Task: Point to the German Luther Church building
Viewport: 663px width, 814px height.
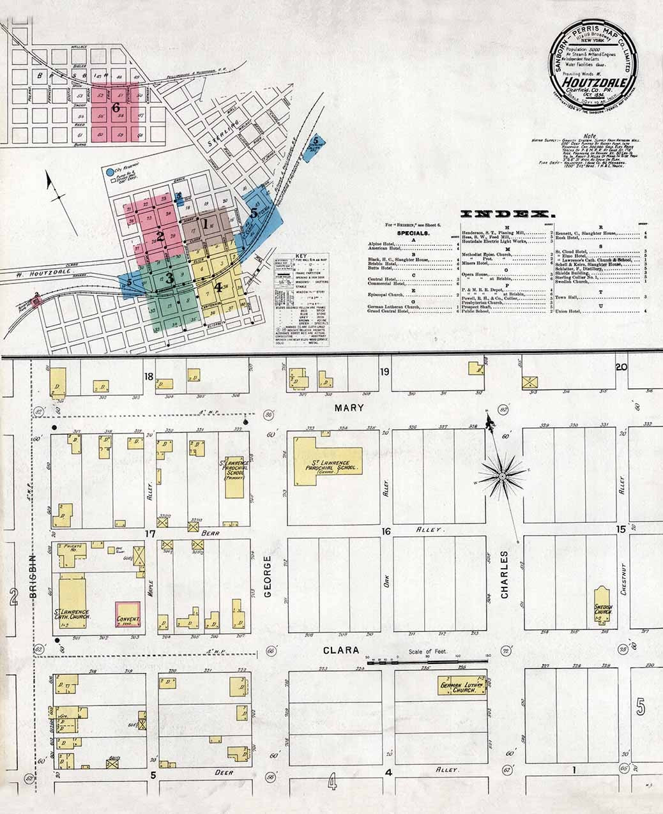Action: [461, 687]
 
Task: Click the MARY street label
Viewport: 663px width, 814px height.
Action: [352, 408]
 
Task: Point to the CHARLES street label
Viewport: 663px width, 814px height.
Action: [505, 574]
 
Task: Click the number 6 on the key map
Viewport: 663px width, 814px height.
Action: [116, 107]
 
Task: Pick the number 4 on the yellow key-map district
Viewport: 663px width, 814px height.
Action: [218, 287]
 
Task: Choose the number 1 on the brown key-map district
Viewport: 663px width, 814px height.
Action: [206, 224]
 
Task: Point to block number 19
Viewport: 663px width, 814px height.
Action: [385, 372]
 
